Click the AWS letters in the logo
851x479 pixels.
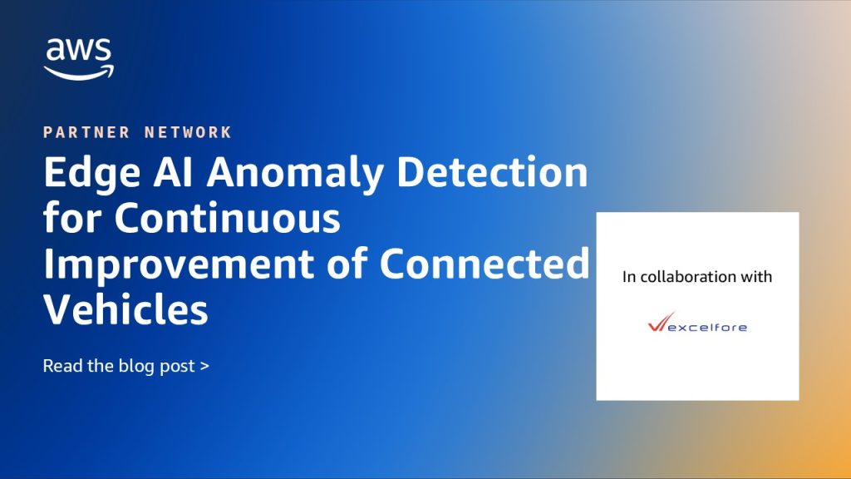point(79,50)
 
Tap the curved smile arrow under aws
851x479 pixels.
point(79,73)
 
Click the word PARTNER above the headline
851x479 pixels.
point(86,132)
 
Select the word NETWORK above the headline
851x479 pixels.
point(189,132)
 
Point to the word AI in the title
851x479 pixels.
point(173,171)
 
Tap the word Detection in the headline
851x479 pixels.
point(492,171)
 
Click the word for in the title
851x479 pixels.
point(72,218)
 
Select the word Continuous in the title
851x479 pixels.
point(228,219)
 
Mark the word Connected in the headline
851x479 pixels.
point(485,264)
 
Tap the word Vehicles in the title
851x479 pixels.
point(126,309)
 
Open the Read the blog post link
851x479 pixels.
point(126,367)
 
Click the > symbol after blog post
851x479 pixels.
point(204,367)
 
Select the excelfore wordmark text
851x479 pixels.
point(707,327)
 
